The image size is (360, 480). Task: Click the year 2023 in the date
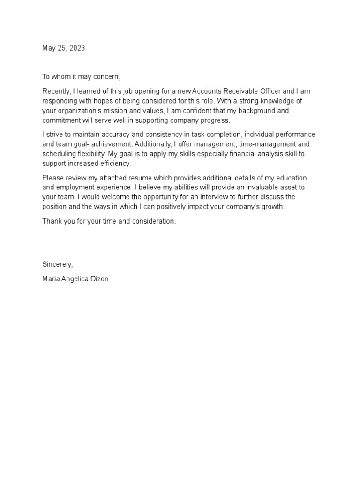pyautogui.click(x=77, y=48)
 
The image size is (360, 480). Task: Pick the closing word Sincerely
pyautogui.click(x=57, y=264)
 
